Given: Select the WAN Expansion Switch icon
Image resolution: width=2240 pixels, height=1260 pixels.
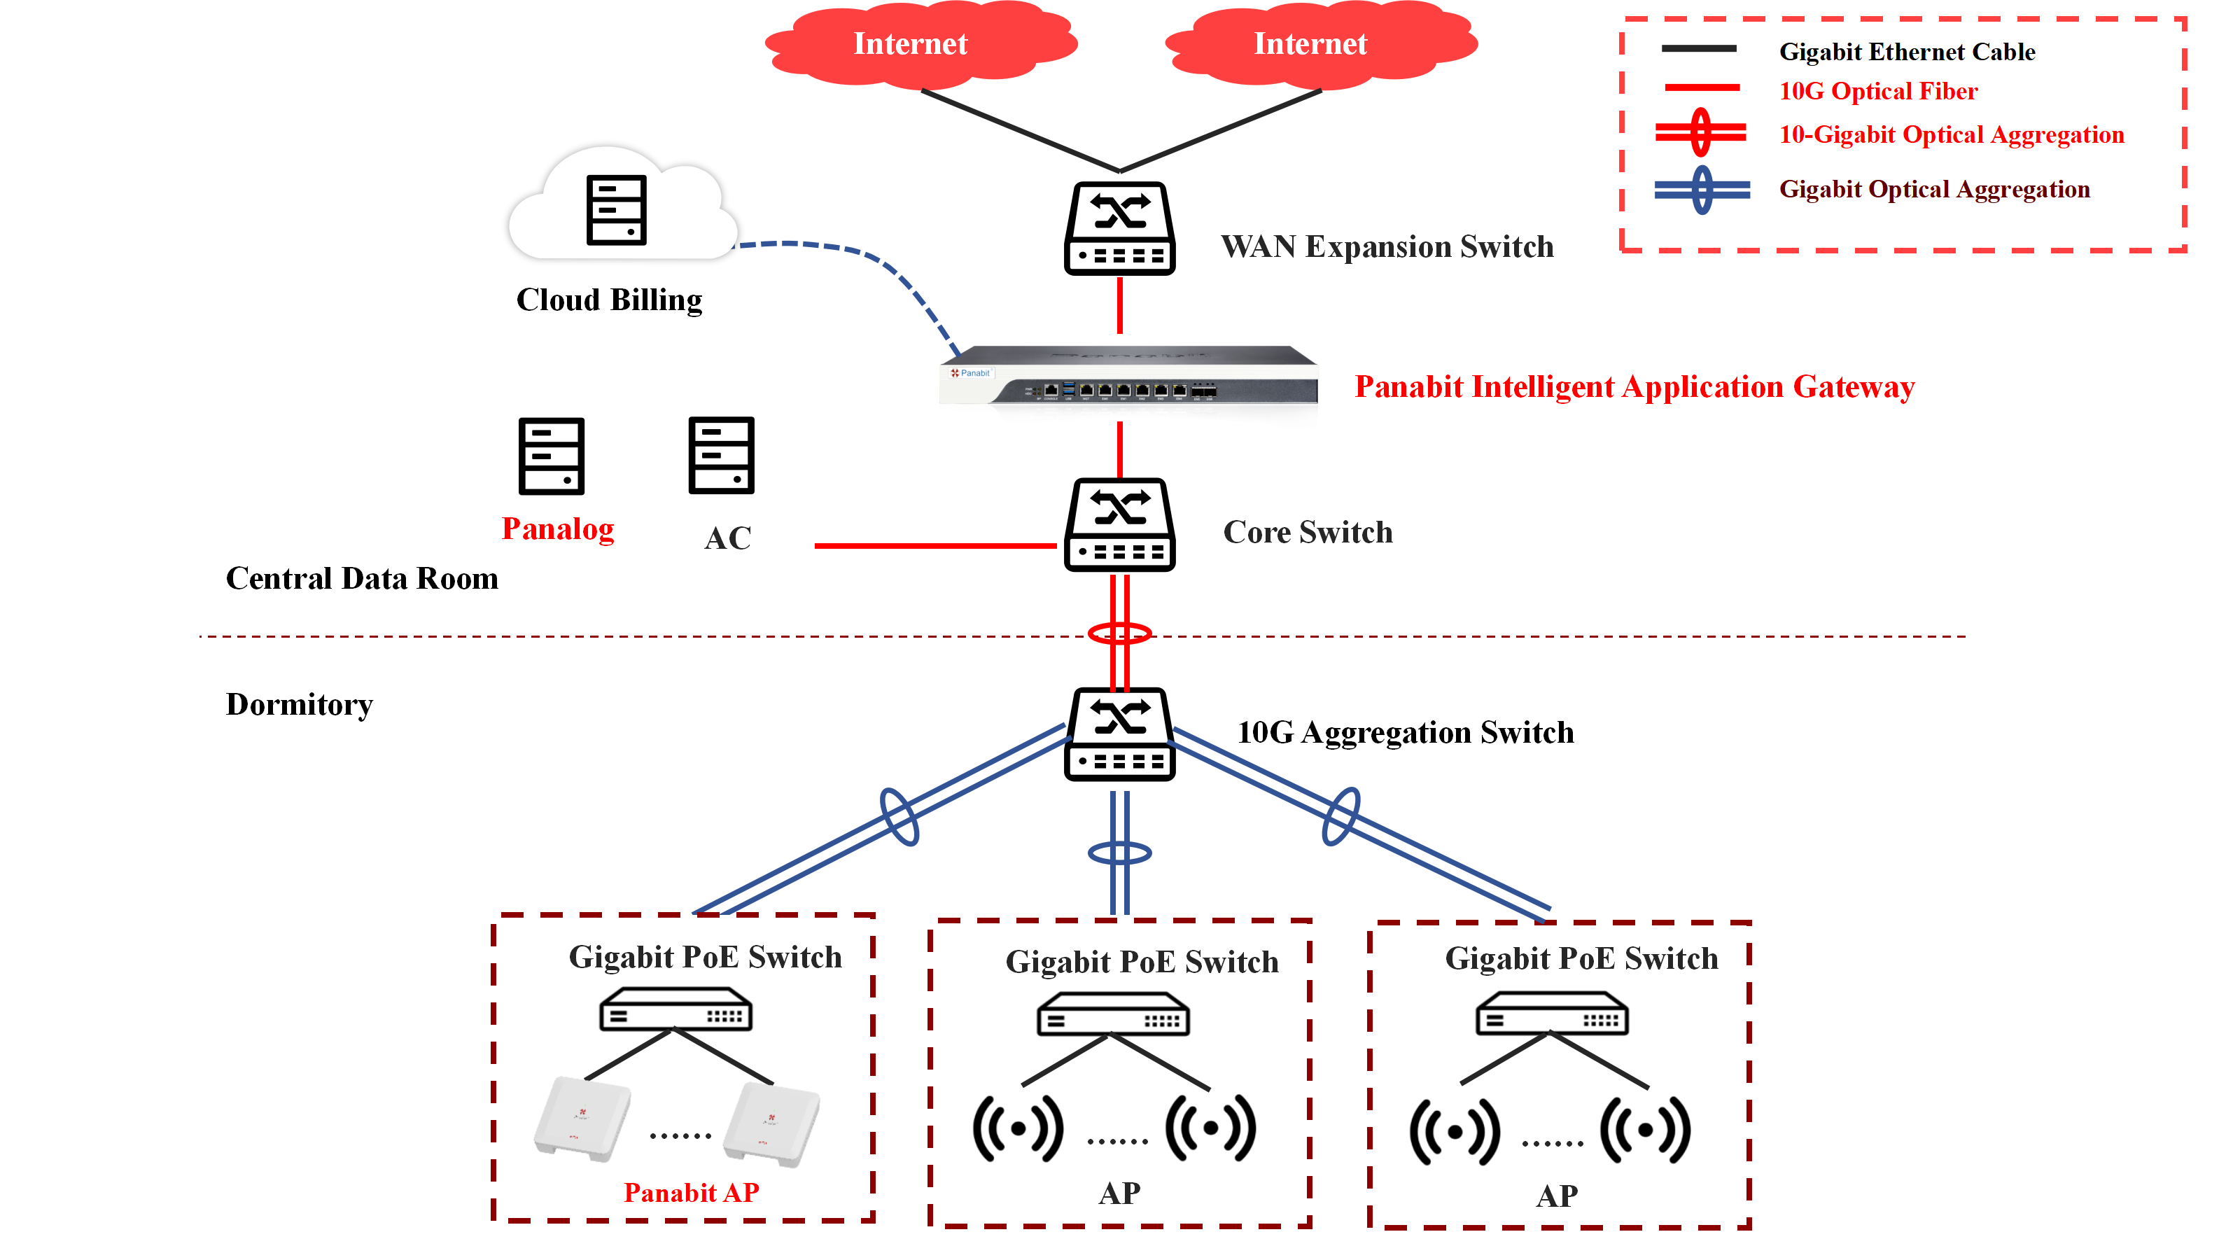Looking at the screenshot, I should click(x=1120, y=229).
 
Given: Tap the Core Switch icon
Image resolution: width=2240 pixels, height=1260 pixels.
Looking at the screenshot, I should click(x=1120, y=524).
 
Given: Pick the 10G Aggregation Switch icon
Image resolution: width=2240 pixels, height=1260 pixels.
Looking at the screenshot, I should click(x=1120, y=735).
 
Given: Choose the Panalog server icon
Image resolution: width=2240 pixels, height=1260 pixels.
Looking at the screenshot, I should click(x=552, y=456).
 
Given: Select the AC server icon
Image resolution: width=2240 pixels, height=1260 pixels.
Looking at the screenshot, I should click(x=721, y=455).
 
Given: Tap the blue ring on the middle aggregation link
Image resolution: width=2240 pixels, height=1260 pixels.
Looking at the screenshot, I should click(x=1120, y=853).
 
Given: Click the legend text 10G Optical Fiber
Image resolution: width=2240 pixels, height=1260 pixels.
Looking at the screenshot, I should click(x=1878, y=91).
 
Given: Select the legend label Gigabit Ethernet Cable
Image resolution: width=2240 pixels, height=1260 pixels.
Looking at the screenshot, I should click(x=1907, y=52).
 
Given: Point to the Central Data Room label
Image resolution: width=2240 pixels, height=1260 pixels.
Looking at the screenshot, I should click(x=362, y=579).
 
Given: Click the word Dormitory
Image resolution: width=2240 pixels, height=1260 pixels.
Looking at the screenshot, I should click(x=299, y=704).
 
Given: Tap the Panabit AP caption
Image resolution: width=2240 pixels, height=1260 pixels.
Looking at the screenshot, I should click(x=692, y=1192).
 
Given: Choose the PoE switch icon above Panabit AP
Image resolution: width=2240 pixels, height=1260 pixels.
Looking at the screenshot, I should click(x=675, y=1010).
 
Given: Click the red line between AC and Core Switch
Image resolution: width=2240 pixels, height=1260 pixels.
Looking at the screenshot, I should click(x=934, y=546).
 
